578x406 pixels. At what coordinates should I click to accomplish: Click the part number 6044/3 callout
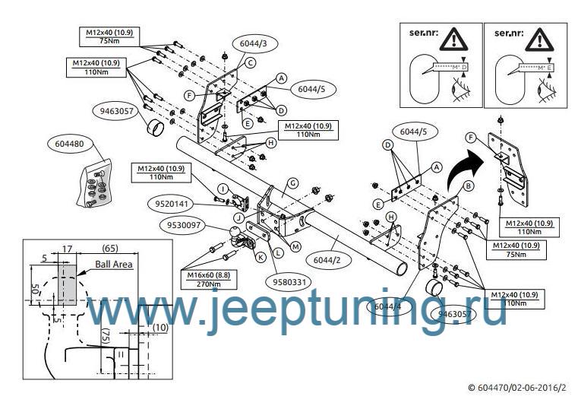click(253, 45)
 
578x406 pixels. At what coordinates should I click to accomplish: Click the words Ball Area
click(114, 265)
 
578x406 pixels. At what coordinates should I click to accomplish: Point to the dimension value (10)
click(159, 327)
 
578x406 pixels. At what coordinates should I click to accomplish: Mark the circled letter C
click(248, 64)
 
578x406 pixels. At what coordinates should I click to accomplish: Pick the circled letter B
click(469, 185)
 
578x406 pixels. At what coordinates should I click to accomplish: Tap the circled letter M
click(295, 246)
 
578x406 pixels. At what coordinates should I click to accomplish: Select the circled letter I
click(222, 188)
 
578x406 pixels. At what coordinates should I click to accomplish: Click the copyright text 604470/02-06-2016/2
click(517, 388)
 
